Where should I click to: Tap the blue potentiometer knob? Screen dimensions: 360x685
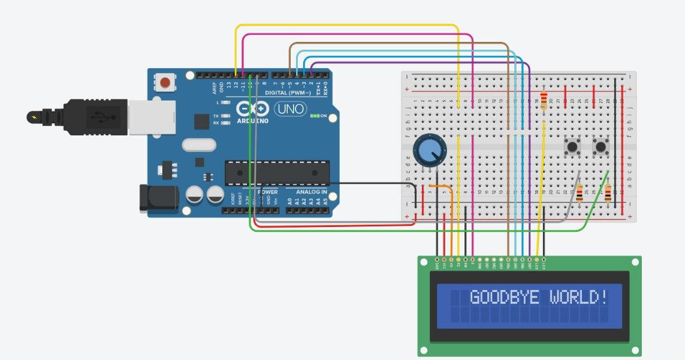(x=430, y=150)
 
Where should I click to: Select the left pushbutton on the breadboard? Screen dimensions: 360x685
(x=574, y=146)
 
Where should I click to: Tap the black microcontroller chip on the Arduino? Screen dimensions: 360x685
(x=277, y=173)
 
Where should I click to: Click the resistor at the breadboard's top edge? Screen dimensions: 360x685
(x=544, y=101)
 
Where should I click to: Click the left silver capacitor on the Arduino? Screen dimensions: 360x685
(x=195, y=195)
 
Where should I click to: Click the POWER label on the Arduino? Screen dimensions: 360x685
(x=268, y=192)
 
